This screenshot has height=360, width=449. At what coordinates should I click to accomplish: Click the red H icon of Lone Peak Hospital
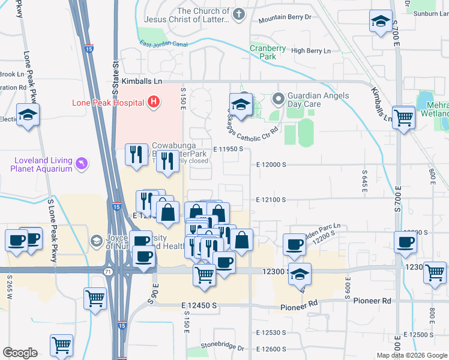(x=154, y=102)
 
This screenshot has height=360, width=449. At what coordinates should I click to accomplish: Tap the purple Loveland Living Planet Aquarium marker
(x=82, y=163)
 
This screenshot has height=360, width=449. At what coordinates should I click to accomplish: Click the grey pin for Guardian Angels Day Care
(x=277, y=97)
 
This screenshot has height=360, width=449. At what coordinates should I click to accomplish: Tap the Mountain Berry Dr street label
(x=285, y=17)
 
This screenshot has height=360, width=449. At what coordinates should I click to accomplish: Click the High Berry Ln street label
(x=310, y=51)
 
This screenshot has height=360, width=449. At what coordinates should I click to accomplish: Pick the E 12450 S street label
(x=198, y=306)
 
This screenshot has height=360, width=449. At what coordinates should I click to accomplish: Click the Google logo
(x=20, y=353)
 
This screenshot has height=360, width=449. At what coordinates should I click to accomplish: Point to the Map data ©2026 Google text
(x=411, y=355)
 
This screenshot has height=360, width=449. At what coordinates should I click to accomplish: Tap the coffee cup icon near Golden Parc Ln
(x=294, y=244)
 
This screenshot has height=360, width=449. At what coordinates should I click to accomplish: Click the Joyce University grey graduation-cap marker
(x=95, y=241)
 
